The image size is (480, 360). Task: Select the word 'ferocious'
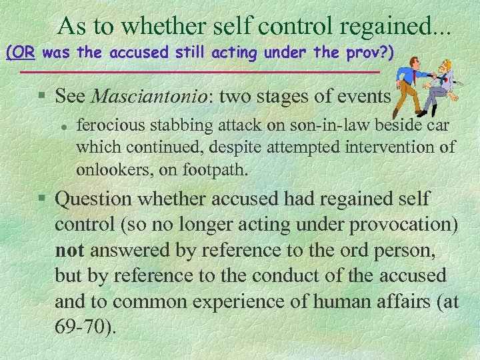(x=107, y=126)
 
